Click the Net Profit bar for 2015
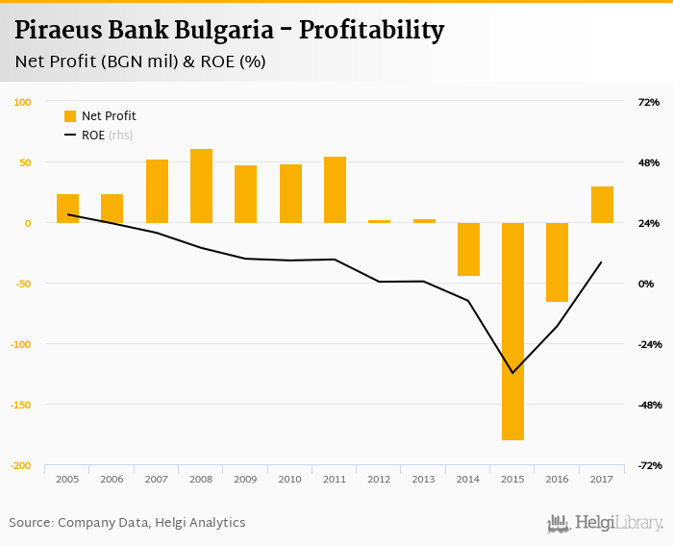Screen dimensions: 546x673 512,331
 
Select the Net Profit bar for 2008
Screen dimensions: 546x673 201,186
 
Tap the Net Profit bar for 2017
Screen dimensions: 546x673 602,205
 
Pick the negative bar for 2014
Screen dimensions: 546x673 468,249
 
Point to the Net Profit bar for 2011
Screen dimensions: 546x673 335,189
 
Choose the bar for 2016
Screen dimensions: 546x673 558,261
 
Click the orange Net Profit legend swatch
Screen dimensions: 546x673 70,116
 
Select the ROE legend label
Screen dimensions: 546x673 93,136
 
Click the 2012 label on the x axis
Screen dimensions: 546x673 380,478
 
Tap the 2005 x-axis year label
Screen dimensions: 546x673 67,478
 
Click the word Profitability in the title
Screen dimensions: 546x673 371,30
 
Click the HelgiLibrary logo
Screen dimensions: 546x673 606,522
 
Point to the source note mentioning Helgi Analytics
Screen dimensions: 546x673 127,522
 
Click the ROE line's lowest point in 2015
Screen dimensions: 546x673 512,373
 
